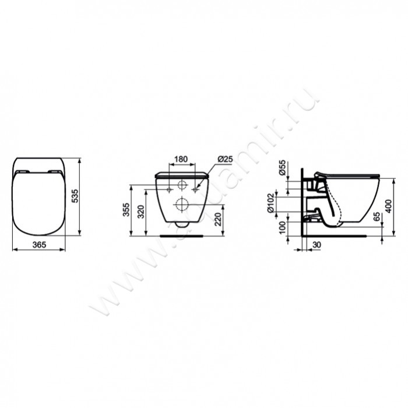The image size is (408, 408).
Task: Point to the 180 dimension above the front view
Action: (x=181, y=159)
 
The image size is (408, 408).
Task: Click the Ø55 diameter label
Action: (x=282, y=168)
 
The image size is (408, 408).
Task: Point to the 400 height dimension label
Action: (x=402, y=205)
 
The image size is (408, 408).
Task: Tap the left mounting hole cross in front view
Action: (x=169, y=189)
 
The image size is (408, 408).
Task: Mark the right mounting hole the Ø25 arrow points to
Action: (x=195, y=189)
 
